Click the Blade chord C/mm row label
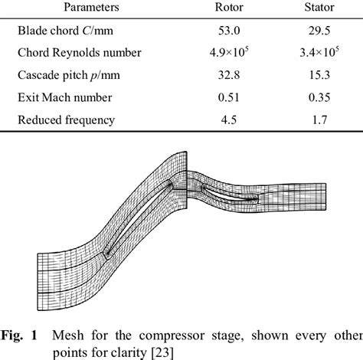tap(66, 34)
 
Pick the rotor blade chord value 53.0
tap(234, 34)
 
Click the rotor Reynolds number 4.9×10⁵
tap(234, 55)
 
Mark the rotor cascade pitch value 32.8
tap(234, 77)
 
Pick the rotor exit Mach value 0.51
tap(234, 98)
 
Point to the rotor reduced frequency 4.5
tap(234, 119)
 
